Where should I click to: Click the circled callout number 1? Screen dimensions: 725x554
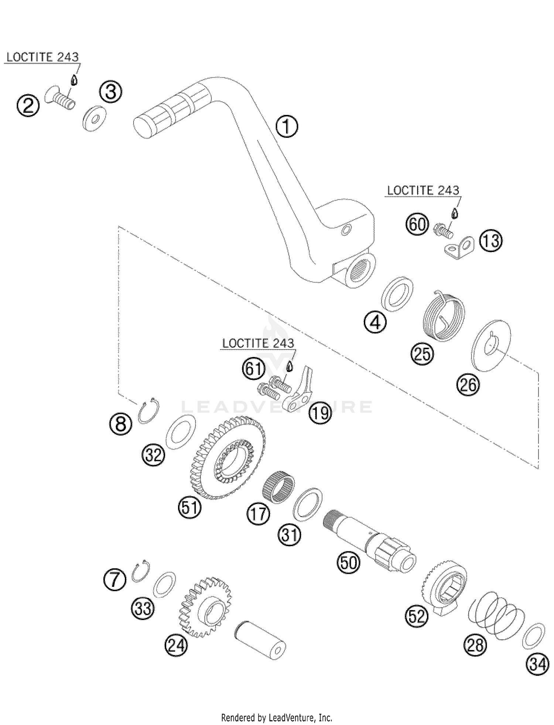pyautogui.click(x=287, y=127)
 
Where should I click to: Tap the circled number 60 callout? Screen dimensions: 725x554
pyautogui.click(x=417, y=224)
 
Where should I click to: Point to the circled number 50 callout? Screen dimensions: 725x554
pyautogui.click(x=348, y=562)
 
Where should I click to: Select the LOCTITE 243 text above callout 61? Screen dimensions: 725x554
pyautogui.click(x=258, y=343)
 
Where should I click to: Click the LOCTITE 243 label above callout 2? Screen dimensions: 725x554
pyautogui.click(x=42, y=57)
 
